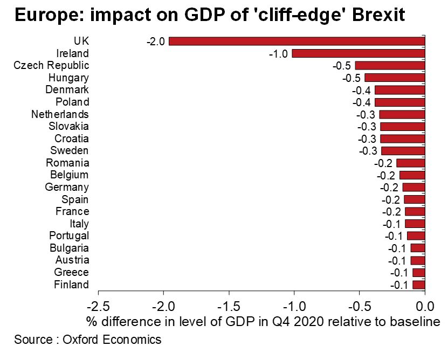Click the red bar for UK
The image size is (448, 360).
[297, 41]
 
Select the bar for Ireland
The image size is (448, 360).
[359, 53]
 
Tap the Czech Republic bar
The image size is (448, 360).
[390, 66]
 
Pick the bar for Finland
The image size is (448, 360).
[419, 285]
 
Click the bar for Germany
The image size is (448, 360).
[414, 188]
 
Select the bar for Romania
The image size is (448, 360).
[411, 163]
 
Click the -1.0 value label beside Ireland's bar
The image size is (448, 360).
[279, 53]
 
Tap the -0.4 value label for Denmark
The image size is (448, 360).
[362, 90]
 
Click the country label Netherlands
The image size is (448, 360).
[60, 114]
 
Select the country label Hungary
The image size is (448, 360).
[68, 78]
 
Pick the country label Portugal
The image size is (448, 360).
[69, 236]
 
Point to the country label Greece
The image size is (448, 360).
[72, 272]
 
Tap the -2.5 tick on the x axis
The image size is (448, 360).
[98, 307]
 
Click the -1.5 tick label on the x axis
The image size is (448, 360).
[229, 307]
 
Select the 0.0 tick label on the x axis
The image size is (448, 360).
[425, 307]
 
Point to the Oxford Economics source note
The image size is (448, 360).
[87, 340]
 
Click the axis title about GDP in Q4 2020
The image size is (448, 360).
[263, 322]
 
